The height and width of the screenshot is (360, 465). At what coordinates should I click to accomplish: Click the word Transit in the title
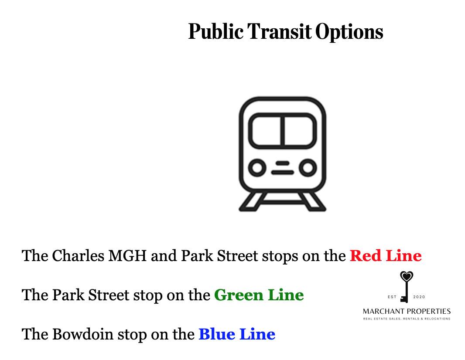(x=279, y=31)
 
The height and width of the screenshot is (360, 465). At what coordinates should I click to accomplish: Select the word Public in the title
(x=216, y=31)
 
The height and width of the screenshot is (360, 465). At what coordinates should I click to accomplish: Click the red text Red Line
(x=386, y=256)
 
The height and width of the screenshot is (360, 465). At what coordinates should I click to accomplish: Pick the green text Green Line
(x=259, y=295)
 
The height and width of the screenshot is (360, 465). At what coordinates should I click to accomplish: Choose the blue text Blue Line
(x=237, y=334)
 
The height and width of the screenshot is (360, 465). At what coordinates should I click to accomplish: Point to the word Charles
(x=78, y=256)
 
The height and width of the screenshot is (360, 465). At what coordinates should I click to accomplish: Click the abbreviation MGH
(x=127, y=256)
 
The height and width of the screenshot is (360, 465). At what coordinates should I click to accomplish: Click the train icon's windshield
(x=282, y=131)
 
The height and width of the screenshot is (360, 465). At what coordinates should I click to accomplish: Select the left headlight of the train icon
(x=257, y=168)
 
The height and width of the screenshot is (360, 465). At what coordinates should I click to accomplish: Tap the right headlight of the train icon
(x=308, y=168)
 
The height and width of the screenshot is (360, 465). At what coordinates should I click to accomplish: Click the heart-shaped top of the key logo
(x=406, y=276)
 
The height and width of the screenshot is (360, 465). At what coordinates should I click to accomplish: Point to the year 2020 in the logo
(x=419, y=297)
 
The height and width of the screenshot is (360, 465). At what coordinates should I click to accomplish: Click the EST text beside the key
(x=392, y=297)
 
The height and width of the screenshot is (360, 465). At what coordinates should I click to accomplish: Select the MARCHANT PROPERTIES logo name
(x=407, y=311)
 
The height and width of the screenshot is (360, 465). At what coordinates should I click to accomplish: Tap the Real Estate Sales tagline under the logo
(x=407, y=319)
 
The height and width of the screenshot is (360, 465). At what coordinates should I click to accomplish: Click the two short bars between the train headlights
(x=282, y=168)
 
